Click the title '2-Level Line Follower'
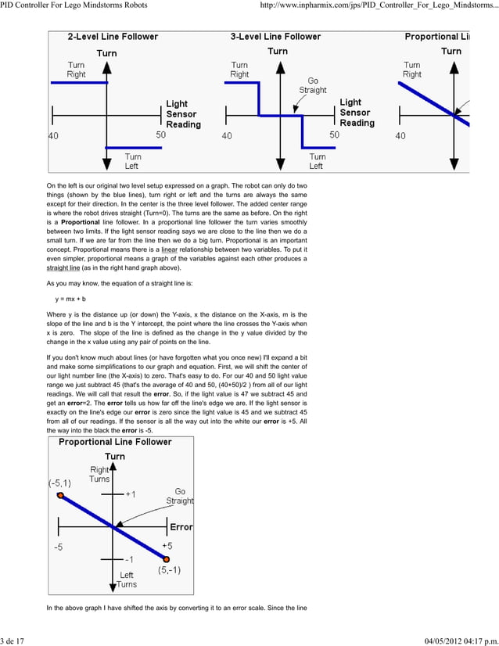click(x=113, y=36)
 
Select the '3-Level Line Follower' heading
click(x=275, y=36)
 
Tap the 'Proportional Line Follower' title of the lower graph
click(x=115, y=442)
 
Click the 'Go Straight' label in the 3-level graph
click(x=313, y=84)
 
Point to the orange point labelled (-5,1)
click(x=60, y=495)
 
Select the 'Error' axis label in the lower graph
click(x=181, y=527)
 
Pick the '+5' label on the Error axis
click(x=167, y=544)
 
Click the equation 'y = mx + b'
click(x=70, y=300)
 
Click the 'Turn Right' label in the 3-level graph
click(x=239, y=70)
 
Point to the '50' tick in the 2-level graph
click(x=160, y=135)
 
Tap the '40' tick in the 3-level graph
click(x=226, y=135)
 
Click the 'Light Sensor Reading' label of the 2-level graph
click(x=183, y=113)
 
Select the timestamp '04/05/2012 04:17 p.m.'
click(x=454, y=640)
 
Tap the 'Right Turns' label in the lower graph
click(x=99, y=474)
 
